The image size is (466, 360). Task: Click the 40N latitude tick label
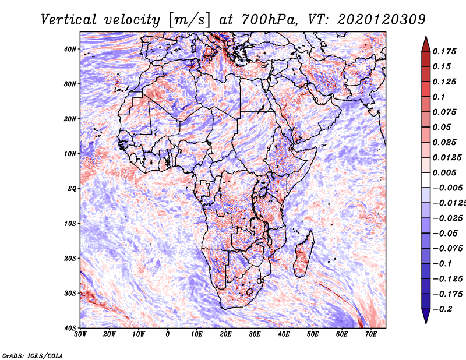tap(70, 49)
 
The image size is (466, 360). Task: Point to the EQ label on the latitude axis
tap(72, 189)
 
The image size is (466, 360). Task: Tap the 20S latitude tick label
tap(70, 258)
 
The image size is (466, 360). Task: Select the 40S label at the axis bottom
tap(70, 328)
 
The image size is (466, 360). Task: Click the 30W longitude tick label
tap(80, 334)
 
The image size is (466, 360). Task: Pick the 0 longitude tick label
tap(168, 334)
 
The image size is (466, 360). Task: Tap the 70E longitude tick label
tap(371, 334)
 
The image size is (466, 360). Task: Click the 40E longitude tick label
tap(284, 334)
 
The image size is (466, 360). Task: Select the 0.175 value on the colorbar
tap(444, 51)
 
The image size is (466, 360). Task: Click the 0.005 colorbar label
tap(444, 172)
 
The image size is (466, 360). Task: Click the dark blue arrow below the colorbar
tap(426, 316)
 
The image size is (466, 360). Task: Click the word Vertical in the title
tap(69, 20)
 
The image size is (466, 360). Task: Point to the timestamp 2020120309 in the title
tap(382, 20)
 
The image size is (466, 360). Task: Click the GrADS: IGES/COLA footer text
tap(33, 355)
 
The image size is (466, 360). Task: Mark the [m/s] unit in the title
tap(189, 20)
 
